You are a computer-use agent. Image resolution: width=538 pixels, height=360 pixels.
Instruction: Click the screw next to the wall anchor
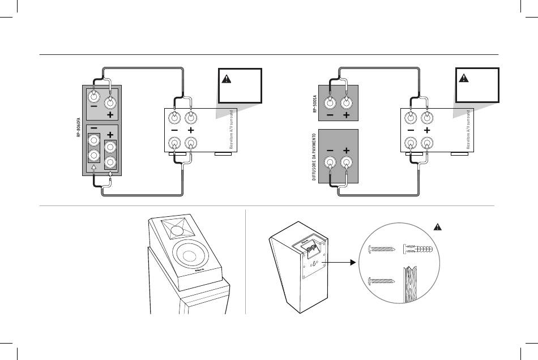383,248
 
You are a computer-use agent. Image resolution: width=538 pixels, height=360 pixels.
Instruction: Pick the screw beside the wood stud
383,280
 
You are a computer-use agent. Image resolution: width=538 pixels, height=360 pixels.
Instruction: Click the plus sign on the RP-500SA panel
347,116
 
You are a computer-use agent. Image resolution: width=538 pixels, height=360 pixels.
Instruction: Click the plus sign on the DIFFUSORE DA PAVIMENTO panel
347,151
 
